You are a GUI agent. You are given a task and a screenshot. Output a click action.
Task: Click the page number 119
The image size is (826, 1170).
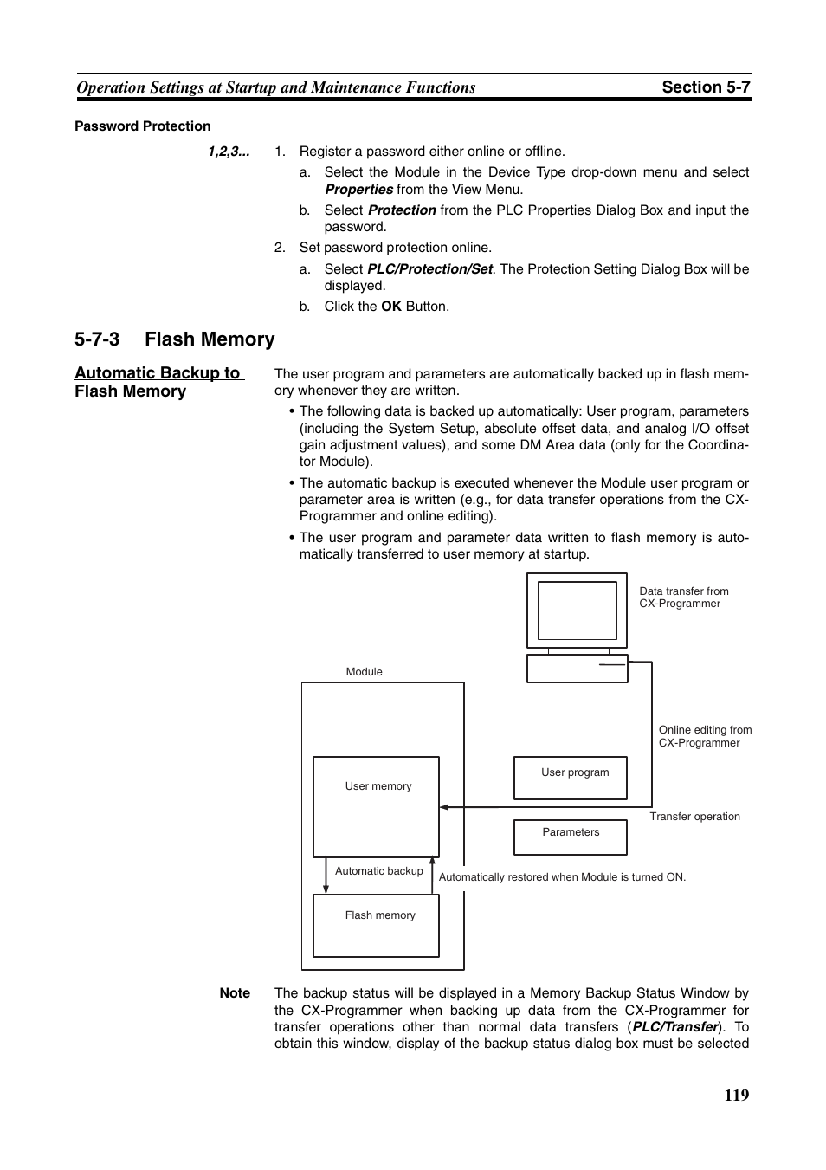(737, 1095)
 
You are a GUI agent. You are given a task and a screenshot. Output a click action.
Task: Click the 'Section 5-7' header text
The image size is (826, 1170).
(706, 87)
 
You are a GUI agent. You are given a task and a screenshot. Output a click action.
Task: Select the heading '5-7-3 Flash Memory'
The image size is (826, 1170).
(175, 339)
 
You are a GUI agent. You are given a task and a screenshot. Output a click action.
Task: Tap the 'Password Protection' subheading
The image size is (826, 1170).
(143, 126)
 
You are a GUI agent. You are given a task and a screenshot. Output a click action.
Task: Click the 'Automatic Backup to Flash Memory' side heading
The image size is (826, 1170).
(158, 382)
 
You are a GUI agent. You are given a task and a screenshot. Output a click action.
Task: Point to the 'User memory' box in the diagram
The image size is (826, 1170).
(376, 806)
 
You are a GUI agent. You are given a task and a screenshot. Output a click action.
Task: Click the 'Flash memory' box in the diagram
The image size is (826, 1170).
(376, 925)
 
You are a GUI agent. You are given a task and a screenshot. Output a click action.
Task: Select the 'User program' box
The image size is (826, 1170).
(570, 777)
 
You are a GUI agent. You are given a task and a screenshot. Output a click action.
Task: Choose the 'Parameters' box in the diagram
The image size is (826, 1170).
(570, 837)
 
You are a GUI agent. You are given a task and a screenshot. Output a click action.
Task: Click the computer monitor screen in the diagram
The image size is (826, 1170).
(577, 611)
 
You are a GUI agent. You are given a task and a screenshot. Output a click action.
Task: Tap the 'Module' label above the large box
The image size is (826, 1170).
(364, 672)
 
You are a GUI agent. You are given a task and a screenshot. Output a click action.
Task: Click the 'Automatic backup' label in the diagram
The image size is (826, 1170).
(378, 871)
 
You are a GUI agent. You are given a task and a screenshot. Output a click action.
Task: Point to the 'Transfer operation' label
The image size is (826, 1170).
(694, 817)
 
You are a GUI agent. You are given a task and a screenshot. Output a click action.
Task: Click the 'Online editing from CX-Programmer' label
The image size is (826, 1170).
(705, 736)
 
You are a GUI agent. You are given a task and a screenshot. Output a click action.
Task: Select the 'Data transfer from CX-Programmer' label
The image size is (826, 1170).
(683, 598)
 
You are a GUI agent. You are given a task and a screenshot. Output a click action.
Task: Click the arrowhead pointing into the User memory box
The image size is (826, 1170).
(443, 807)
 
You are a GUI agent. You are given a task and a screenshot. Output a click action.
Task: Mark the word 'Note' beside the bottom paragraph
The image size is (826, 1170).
(235, 993)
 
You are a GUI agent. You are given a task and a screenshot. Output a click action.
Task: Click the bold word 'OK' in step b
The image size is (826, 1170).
(391, 307)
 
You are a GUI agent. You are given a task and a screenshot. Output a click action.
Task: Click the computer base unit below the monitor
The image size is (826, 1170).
(577, 669)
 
